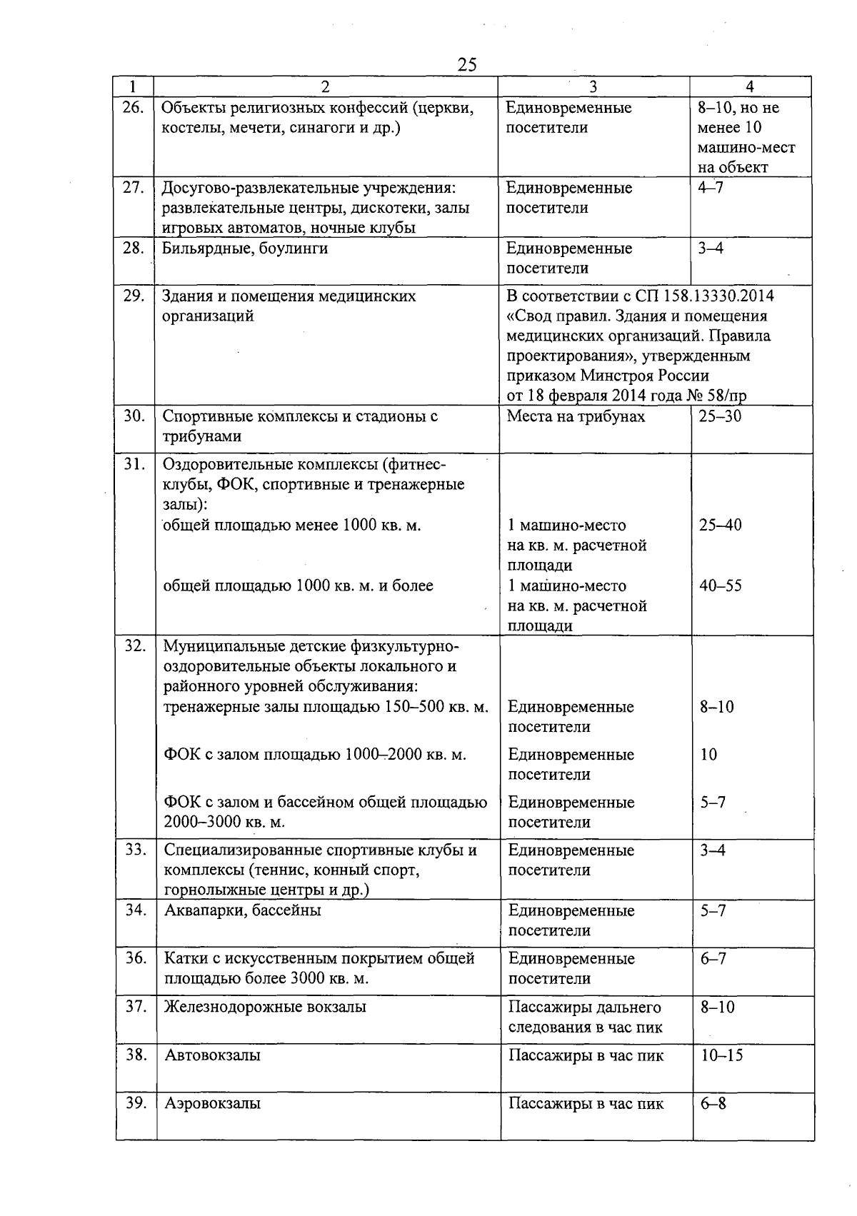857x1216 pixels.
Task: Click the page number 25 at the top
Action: tap(466, 65)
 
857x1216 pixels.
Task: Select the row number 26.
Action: tap(134, 108)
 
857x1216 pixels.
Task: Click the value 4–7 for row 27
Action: tap(710, 188)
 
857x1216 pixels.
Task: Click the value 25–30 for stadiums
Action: tap(720, 416)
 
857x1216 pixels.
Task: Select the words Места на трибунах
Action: tap(576, 416)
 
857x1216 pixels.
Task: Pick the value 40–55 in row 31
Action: tap(720, 586)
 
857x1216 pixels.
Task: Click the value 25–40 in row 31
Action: tap(720, 526)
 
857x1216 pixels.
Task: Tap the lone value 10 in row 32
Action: tap(708, 755)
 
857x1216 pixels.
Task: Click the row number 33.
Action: tap(136, 850)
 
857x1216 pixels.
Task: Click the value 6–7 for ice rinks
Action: tap(713, 958)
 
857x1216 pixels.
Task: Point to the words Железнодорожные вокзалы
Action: tap(265, 1007)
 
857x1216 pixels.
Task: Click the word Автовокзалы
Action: tap(212, 1055)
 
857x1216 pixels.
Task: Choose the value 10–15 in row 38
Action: tap(721, 1055)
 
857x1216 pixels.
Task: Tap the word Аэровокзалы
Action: tap(212, 1103)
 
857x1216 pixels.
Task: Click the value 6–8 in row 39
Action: tap(713, 1103)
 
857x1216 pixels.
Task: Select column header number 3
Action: tap(593, 87)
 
